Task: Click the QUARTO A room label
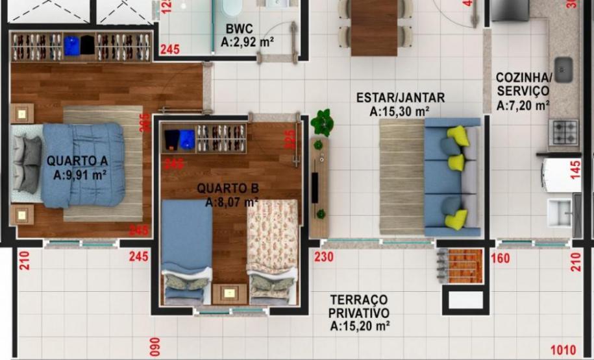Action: pos(77,160)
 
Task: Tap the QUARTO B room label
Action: pos(228,189)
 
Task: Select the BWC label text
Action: pos(240,29)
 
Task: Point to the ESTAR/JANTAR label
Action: pos(401,98)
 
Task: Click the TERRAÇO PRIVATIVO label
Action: pos(359,306)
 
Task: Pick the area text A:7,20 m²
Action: pos(523,105)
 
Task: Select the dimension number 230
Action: pos(323,258)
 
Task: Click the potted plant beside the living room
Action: pos(322,122)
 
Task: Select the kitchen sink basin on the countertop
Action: pos(563,69)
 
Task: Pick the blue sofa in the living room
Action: pos(453,176)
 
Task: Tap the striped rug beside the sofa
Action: pos(401,176)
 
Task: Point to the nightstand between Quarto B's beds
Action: pos(229,293)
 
